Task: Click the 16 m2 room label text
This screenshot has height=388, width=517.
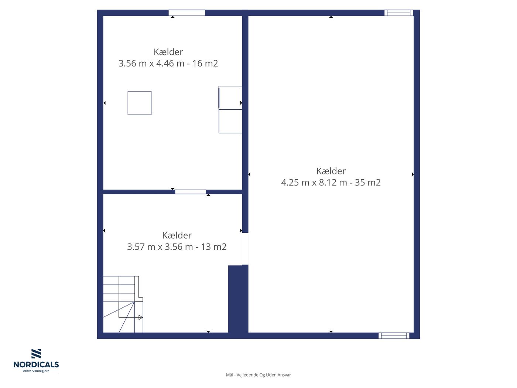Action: (168, 58)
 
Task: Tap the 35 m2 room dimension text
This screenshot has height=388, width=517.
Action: (331, 182)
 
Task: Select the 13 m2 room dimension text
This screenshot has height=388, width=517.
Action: (177, 246)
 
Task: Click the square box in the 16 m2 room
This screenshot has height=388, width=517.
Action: (140, 103)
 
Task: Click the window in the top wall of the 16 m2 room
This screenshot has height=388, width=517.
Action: (186, 13)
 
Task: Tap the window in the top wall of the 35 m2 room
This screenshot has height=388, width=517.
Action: (398, 13)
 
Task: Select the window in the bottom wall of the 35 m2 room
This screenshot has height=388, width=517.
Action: (394, 336)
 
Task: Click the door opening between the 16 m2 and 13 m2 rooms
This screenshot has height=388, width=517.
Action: (190, 192)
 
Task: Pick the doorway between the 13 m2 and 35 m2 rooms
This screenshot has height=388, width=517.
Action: (245, 249)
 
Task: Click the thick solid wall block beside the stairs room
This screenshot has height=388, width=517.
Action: (238, 302)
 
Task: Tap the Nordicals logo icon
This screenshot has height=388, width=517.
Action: (36, 354)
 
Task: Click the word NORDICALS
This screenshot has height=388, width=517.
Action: (36, 364)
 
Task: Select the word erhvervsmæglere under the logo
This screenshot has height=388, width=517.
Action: (36, 371)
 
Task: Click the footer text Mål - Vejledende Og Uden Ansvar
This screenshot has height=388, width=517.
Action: (258, 375)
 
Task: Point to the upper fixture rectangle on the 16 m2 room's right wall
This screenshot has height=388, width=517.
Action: (230, 98)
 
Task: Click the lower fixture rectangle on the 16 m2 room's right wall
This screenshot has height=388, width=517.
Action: (230, 121)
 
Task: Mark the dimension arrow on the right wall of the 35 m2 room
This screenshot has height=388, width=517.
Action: (412, 174)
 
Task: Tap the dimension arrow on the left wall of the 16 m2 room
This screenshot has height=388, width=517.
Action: (105, 103)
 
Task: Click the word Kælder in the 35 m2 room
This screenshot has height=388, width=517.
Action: (331, 171)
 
